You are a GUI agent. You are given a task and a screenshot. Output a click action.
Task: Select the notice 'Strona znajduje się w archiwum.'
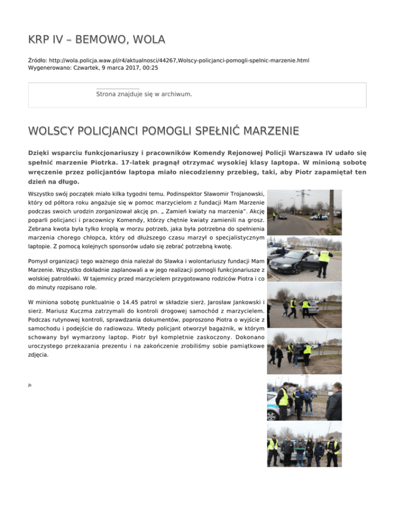click(144, 95)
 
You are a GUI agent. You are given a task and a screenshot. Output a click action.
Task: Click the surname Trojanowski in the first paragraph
click(240, 194)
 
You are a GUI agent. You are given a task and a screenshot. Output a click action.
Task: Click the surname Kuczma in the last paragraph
click(101, 311)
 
